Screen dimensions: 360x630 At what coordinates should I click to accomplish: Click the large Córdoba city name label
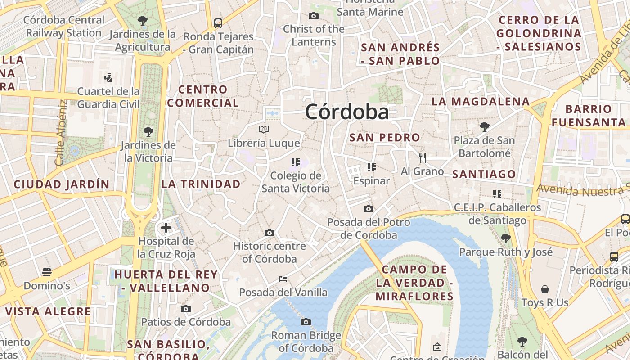(347, 112)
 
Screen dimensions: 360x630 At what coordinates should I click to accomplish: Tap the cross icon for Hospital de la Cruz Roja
(166, 228)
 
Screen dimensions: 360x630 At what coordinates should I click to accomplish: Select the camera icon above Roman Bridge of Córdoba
(306, 322)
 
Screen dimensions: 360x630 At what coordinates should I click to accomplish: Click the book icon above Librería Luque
(264, 130)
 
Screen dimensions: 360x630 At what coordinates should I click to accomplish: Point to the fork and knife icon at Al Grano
(422, 158)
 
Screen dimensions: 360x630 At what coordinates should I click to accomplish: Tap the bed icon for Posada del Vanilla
(283, 279)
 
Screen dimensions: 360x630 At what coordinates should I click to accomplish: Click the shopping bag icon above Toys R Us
(545, 289)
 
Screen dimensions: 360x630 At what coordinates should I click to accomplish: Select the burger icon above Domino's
(47, 272)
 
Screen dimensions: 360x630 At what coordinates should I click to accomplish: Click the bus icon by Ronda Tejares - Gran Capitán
(218, 23)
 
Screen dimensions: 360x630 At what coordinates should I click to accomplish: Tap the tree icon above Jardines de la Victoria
(148, 132)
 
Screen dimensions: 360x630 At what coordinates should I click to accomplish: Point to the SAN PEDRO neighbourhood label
(385, 138)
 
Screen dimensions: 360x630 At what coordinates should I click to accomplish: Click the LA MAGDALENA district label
(481, 102)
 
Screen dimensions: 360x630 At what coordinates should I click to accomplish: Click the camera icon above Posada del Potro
(369, 209)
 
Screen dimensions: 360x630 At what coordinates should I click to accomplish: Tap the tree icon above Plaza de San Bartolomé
(484, 127)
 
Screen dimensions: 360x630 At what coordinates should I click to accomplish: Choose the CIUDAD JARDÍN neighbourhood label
(62, 184)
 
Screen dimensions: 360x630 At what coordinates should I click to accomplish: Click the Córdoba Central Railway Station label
(63, 26)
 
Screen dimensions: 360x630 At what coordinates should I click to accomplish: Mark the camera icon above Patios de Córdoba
(186, 309)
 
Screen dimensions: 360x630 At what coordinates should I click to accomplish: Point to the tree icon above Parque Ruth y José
(505, 238)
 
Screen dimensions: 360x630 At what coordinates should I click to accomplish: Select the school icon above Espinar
(371, 167)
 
